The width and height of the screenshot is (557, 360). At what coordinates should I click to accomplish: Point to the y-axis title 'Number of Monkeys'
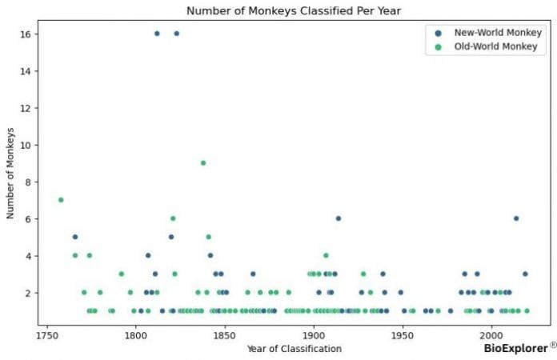(x=11, y=173)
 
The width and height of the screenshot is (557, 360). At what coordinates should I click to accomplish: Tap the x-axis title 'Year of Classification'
(x=295, y=348)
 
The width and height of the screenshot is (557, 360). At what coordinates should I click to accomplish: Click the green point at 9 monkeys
(x=203, y=163)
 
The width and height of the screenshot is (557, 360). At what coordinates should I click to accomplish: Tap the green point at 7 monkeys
(x=61, y=200)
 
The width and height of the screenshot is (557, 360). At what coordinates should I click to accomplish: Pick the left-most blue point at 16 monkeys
(x=157, y=34)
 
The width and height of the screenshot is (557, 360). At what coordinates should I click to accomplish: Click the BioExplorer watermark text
(x=515, y=348)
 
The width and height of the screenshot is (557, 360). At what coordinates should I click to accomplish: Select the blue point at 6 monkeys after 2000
(x=516, y=218)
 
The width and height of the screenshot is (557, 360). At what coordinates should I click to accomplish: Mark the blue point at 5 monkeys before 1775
(x=75, y=237)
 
